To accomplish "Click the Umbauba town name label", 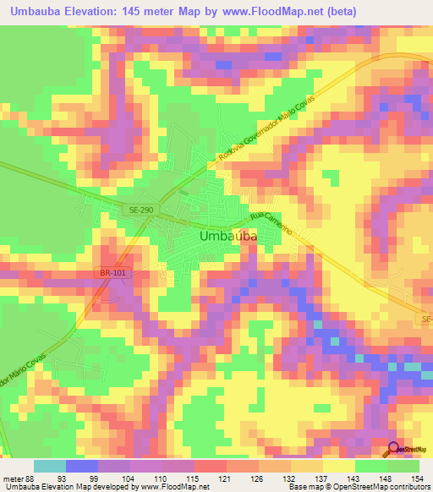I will pos(228,238).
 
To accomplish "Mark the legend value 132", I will pos(290,478).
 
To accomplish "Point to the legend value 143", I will pos(354,478).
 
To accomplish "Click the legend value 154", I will pos(419,478).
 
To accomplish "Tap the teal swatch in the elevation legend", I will pos(49,466).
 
